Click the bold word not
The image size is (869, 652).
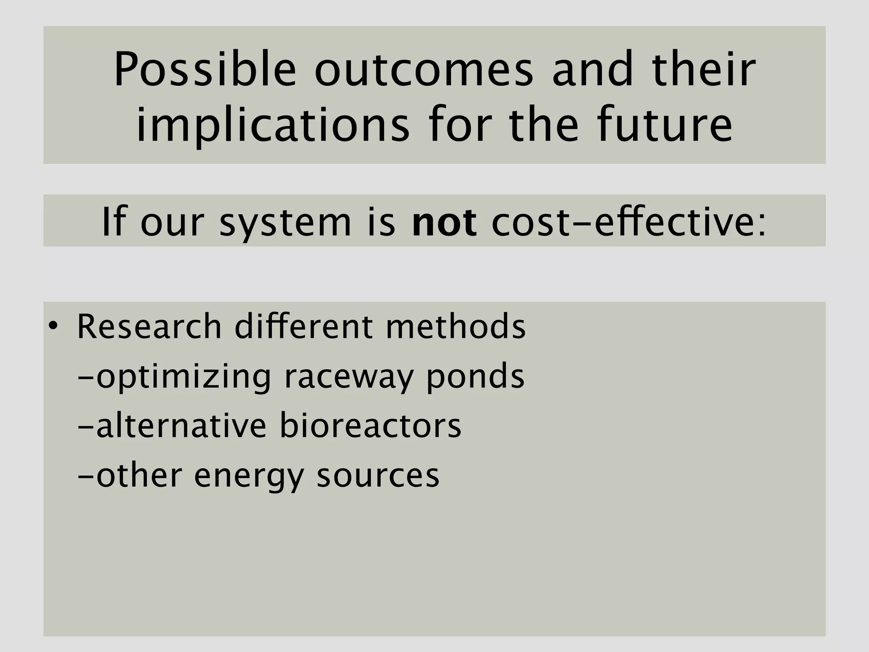tap(444, 222)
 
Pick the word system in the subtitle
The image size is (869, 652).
tap(285, 222)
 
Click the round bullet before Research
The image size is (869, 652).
tap(52, 326)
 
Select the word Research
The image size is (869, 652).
tap(149, 327)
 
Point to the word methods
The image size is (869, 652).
tap(455, 327)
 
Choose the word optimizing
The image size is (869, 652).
tap(183, 377)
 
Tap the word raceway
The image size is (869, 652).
tap(348, 377)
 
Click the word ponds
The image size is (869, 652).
tap(475, 377)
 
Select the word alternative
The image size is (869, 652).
tap(181, 426)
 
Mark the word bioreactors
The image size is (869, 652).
tap(370, 426)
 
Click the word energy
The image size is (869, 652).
tap(249, 476)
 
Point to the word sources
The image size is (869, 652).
tap(378, 476)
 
